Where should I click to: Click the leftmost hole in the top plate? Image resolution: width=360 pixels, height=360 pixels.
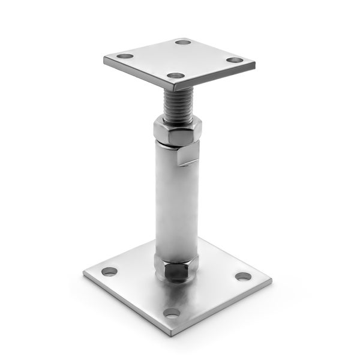click(125, 56)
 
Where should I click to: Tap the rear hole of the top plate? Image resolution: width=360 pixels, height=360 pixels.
click(183, 42)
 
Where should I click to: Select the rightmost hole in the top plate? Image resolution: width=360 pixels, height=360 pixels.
click(235, 60)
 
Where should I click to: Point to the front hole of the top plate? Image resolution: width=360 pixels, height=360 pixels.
click(175, 76)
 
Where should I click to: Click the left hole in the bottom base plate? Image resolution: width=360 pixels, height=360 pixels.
click(109, 271)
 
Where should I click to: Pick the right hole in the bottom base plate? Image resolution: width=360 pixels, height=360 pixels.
click(242, 277)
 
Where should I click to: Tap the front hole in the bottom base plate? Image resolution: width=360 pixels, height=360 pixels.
click(172, 313)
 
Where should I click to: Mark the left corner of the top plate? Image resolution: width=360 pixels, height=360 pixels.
click(104, 59)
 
